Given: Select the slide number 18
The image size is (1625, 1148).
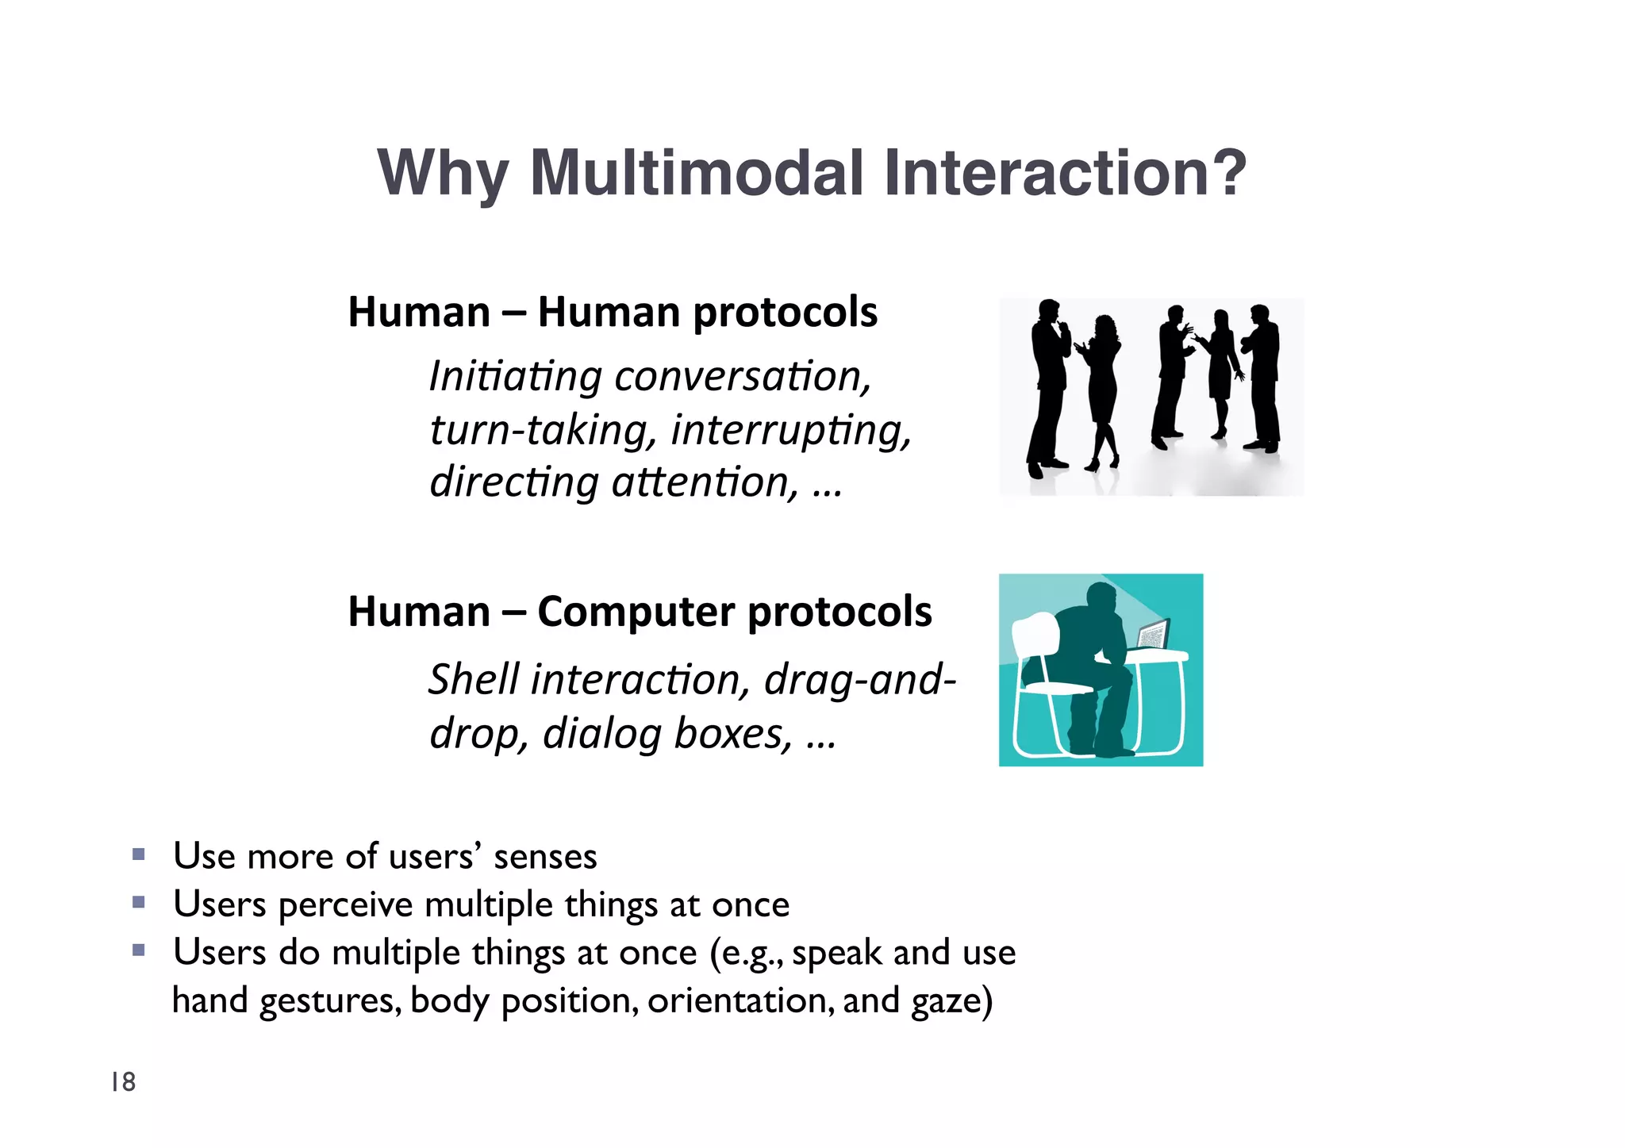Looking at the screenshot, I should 123,1082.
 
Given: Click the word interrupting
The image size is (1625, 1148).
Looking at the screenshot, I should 790,430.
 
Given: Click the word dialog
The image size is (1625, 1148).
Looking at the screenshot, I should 601,733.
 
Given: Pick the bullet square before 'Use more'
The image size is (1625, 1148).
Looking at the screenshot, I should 139,854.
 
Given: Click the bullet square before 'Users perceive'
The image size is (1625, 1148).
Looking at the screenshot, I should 139,902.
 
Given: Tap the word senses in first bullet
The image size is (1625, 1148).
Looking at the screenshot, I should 545,857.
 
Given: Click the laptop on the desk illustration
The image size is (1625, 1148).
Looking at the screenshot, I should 1153,635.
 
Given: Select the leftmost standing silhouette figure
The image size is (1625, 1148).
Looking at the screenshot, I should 1050,389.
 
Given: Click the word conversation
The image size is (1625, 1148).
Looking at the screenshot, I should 742,376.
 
